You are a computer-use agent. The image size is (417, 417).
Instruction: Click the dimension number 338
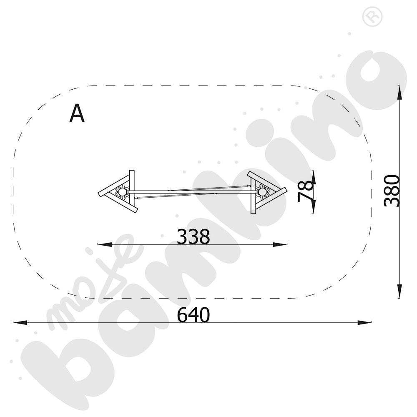click(193, 236)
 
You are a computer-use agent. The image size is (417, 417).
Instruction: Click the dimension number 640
click(193, 314)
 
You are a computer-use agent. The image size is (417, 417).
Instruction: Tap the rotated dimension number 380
click(392, 191)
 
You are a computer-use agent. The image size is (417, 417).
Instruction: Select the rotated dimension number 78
click(305, 191)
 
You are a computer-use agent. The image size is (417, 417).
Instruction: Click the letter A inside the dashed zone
click(77, 113)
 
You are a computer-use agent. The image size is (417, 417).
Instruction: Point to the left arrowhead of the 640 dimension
click(20, 322)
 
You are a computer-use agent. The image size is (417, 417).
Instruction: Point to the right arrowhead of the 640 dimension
click(364, 322)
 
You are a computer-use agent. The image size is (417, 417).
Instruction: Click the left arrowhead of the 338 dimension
click(105, 244)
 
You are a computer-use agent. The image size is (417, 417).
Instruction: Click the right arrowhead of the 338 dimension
click(280, 244)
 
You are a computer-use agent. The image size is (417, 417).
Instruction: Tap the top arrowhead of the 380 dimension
click(399, 93)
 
